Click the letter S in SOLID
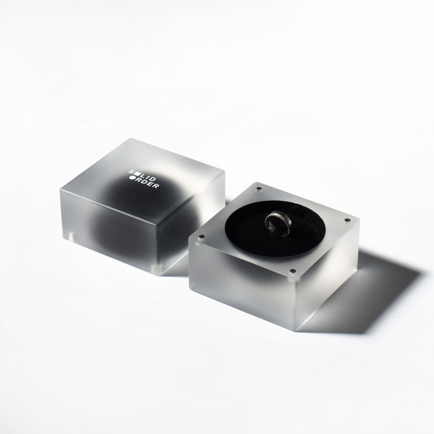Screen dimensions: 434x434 click(131, 172)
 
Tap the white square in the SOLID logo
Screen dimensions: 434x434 click(136, 174)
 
